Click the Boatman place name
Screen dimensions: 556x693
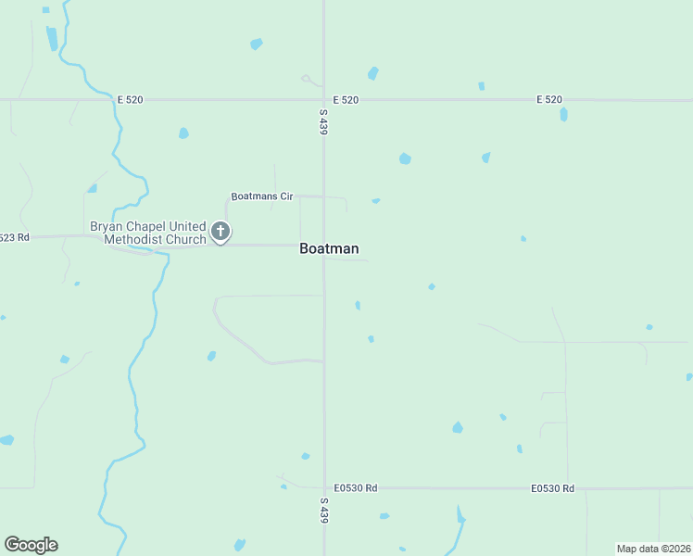pos(329,248)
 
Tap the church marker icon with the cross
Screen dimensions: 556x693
pos(220,231)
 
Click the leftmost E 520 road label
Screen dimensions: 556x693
pos(130,99)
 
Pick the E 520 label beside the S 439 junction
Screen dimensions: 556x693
pos(346,99)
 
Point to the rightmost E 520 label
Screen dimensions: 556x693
pos(548,99)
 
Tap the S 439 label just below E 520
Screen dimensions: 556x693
pos(323,121)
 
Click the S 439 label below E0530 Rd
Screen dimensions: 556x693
pos(323,511)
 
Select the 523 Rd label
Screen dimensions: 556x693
pos(15,237)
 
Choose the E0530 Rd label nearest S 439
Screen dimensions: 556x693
pos(356,487)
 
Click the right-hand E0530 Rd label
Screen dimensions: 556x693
pos(553,488)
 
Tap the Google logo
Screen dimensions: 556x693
pos(31,545)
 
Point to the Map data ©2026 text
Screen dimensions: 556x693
pos(653,549)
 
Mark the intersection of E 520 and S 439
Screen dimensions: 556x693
pos(323,99)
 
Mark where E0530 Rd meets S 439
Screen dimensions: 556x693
pos(323,487)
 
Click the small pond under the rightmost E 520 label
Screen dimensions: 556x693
pos(563,115)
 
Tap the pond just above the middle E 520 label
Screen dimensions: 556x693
pos(372,73)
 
